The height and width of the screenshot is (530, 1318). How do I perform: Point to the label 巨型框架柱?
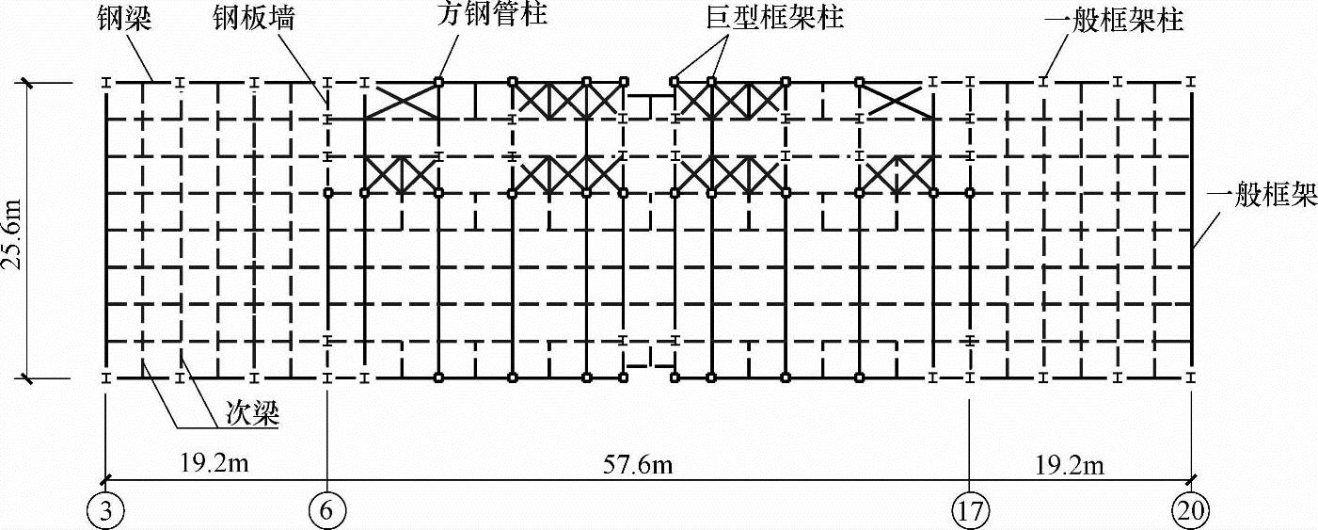tap(773, 19)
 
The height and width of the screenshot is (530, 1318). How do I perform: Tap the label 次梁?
tap(251, 414)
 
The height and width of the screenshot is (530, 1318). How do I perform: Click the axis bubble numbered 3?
tap(105, 511)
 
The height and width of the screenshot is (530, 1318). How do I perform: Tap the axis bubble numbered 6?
tap(327, 511)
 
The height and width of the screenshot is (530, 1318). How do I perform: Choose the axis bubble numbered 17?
tap(969, 511)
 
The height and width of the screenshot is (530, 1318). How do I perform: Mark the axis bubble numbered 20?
tap(1191, 511)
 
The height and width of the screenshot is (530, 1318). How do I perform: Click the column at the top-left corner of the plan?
tap(106, 83)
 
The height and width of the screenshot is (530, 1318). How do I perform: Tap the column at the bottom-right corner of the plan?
tap(1191, 377)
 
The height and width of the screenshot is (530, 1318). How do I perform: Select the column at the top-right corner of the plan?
tap(1191, 83)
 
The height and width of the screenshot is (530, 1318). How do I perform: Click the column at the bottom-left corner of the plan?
tap(106, 377)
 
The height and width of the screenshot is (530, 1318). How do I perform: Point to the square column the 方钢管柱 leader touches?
tap(439, 82)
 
